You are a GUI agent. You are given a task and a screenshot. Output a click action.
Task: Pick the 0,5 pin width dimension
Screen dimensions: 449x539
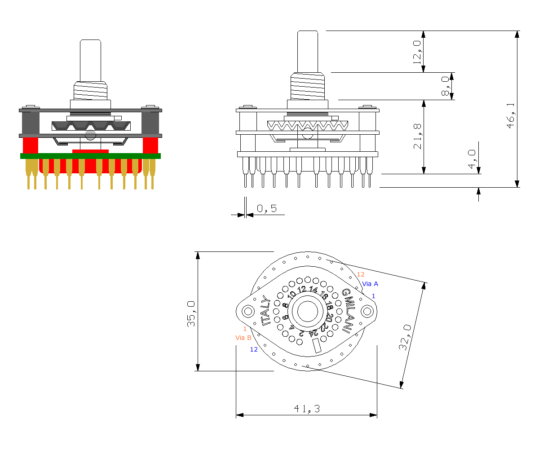(x=267, y=208)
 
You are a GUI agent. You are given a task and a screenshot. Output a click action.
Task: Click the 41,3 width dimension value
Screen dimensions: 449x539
(x=306, y=409)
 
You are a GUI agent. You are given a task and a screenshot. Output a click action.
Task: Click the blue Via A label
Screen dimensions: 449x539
(x=370, y=284)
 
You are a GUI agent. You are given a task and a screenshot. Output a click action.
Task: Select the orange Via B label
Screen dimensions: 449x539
(x=243, y=338)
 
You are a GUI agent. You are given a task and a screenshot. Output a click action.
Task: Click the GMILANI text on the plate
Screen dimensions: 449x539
(x=347, y=310)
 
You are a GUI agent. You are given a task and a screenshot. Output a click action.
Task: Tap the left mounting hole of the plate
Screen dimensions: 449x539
(x=248, y=311)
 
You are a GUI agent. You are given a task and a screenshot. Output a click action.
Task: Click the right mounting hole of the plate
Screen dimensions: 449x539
(x=367, y=311)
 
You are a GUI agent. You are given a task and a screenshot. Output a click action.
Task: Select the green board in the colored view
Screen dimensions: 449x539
(x=90, y=156)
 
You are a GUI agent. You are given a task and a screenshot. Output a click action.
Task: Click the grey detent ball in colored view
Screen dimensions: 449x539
(x=91, y=134)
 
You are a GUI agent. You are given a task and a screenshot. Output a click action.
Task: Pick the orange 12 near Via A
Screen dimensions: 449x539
(x=361, y=274)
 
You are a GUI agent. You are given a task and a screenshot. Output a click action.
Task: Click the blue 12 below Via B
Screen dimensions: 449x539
(x=254, y=349)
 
